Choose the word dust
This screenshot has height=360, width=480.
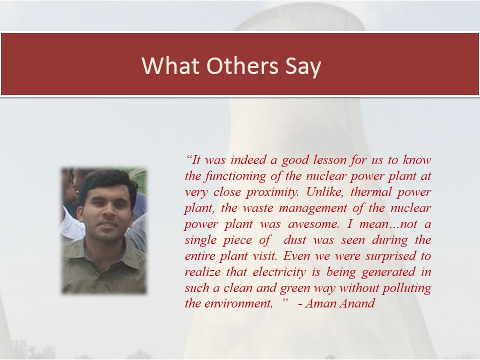[295, 240]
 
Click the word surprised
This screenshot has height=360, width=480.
[390, 256]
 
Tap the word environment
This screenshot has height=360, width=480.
[238, 303]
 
